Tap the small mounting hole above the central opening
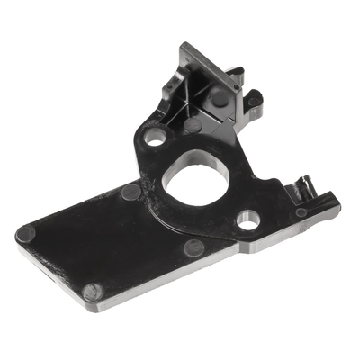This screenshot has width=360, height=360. pos(156,138)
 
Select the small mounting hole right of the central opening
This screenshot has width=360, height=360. pos(249,218)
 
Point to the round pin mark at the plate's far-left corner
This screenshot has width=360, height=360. pos(26,233)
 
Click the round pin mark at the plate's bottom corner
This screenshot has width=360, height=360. pos(92,292)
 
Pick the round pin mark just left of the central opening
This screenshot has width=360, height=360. pos(131,191)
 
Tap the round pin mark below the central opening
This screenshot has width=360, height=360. pos(193,247)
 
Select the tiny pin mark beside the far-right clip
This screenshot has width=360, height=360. pos(301,212)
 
